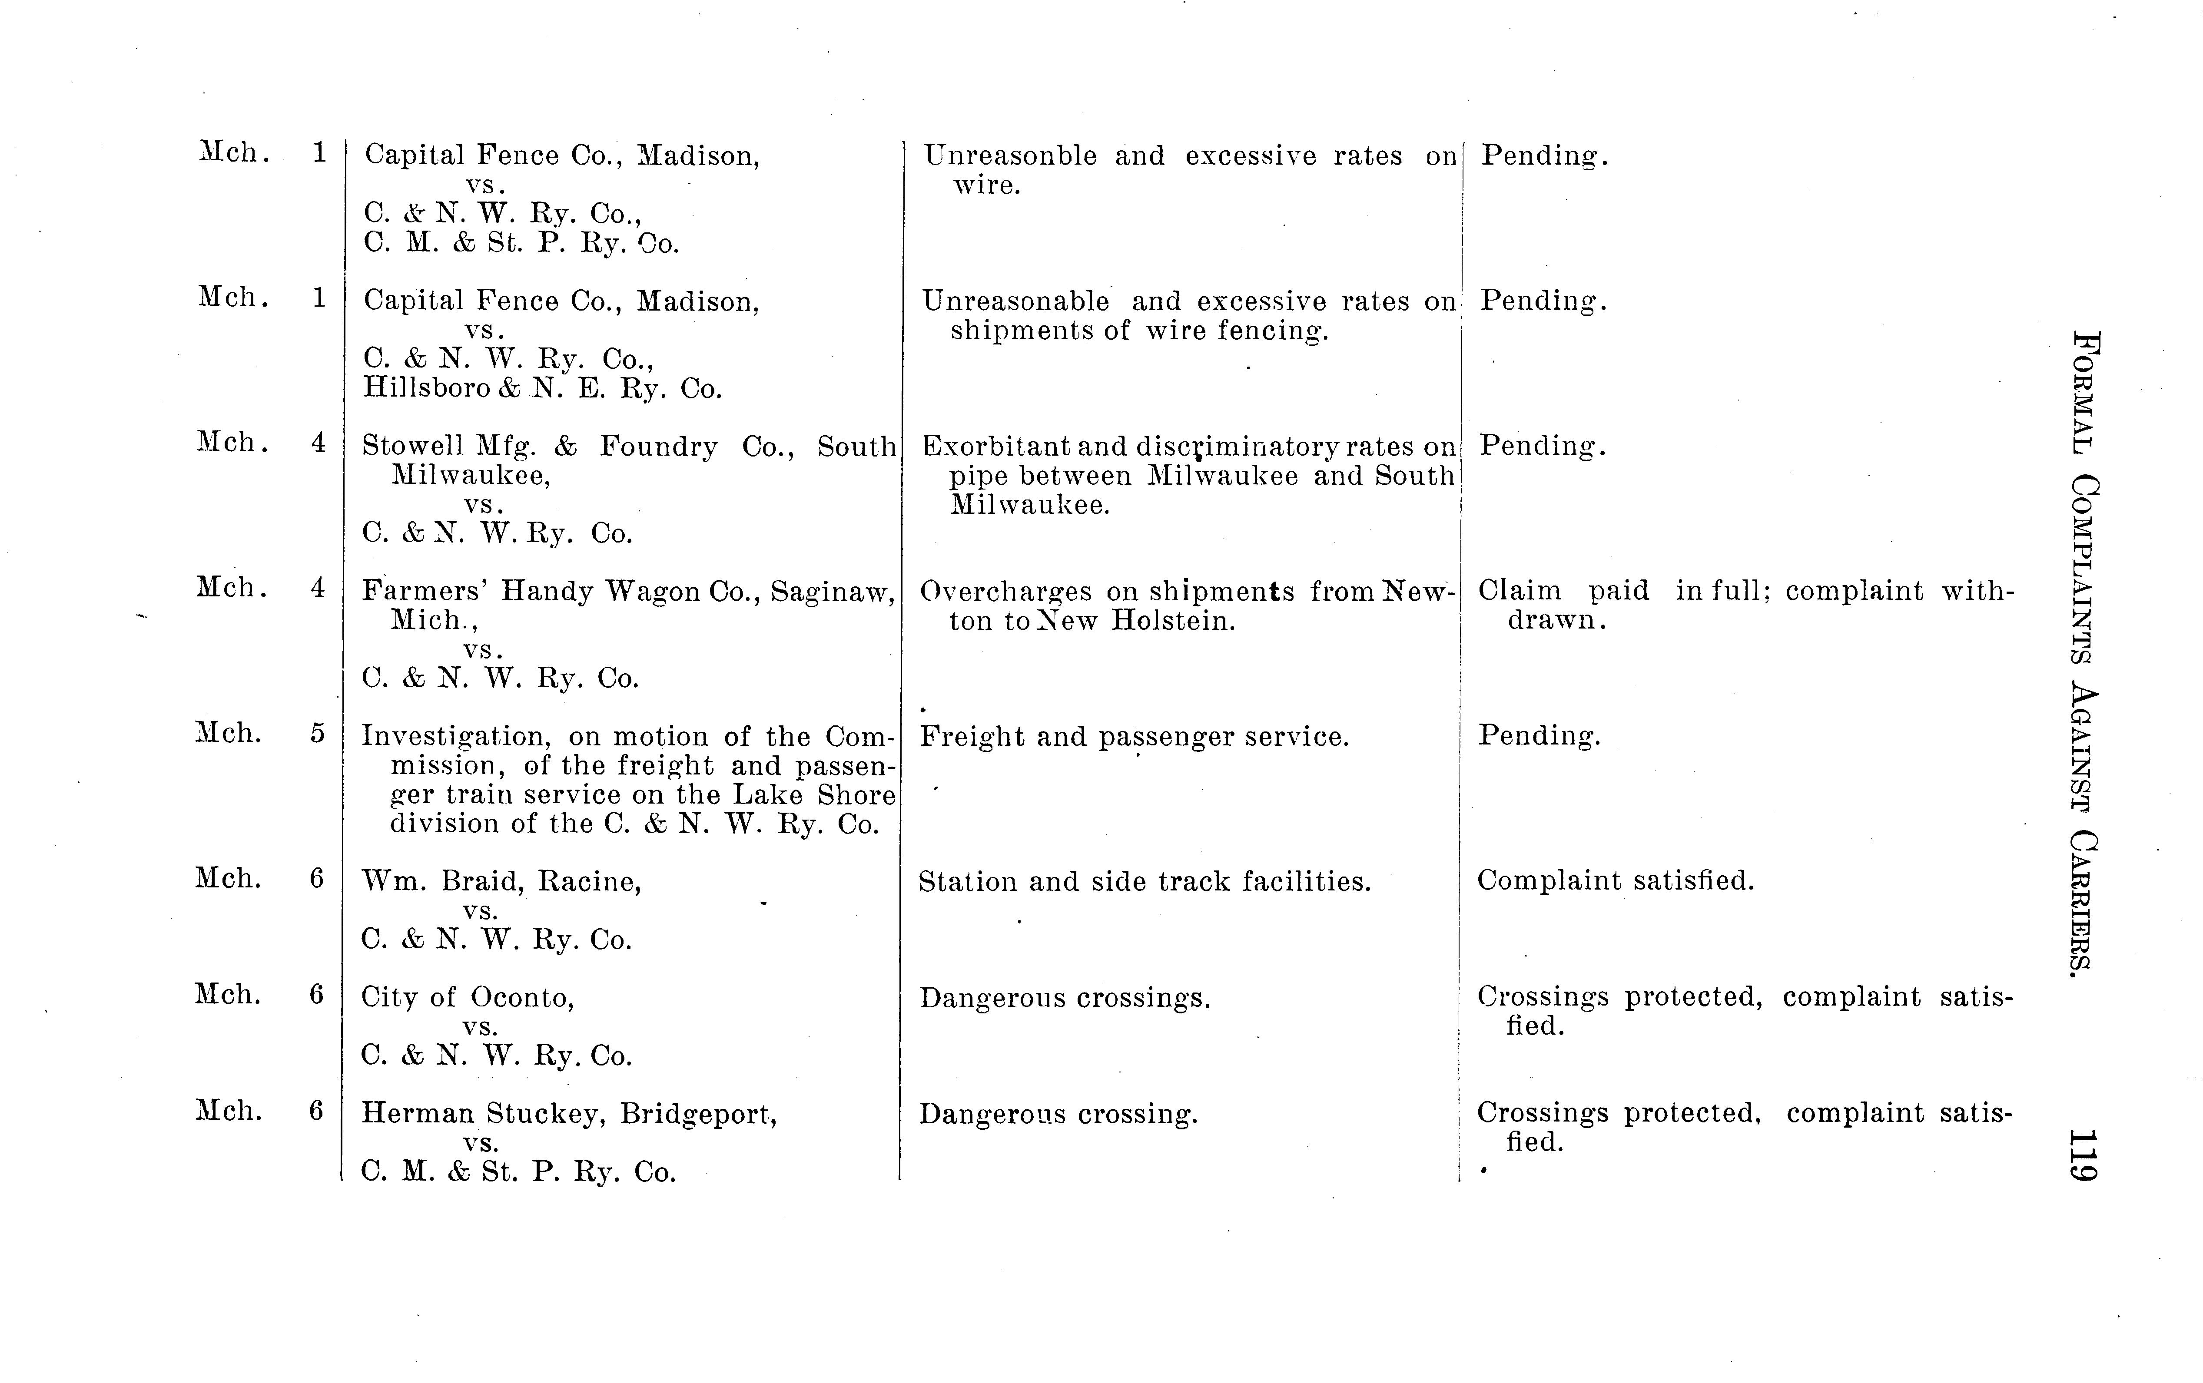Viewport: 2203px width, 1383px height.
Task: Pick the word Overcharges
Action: click(1005, 592)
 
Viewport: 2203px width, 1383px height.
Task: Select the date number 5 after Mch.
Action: click(316, 734)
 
